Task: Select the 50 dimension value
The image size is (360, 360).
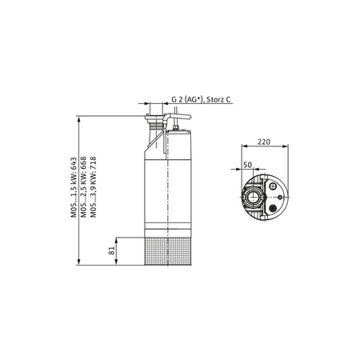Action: click(248, 164)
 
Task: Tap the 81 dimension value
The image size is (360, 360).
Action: click(113, 251)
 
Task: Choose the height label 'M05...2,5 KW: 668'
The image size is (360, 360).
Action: click(85, 186)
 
